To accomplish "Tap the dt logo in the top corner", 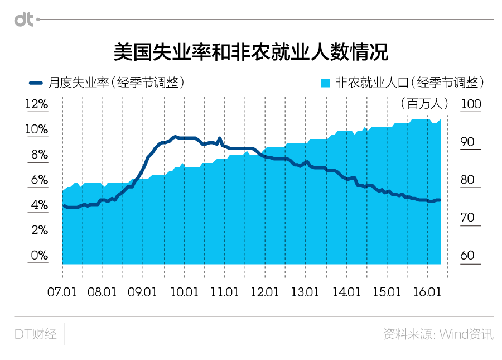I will point(23,20).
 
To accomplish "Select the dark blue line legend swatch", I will point(36,83).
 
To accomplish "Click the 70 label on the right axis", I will point(467,218).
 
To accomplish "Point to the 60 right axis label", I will point(467,256).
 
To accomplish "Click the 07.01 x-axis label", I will point(62,292).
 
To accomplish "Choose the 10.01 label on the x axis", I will point(185,292).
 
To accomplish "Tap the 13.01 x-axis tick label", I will point(306,292).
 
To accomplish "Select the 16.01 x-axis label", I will point(427,292).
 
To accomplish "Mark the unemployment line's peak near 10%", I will point(175,136).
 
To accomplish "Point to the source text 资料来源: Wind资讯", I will point(438,334).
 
